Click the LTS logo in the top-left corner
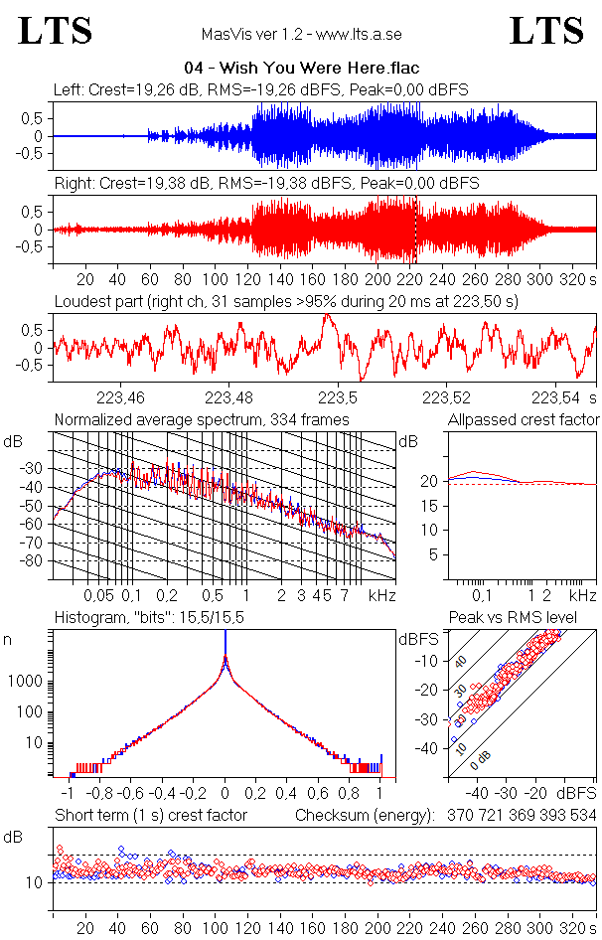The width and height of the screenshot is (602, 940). click(56, 31)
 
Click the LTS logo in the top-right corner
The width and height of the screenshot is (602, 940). click(545, 31)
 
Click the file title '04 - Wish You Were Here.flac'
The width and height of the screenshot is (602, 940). click(301, 69)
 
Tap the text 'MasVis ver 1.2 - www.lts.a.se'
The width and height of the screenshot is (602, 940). click(301, 35)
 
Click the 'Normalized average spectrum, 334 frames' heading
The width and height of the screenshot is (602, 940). click(202, 420)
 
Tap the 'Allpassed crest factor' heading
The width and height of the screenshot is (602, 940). click(524, 420)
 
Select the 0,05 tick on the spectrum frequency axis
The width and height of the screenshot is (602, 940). click(98, 595)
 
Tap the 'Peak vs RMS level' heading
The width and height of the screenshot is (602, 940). click(526, 619)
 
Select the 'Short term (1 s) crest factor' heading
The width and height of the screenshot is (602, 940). click(150, 815)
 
